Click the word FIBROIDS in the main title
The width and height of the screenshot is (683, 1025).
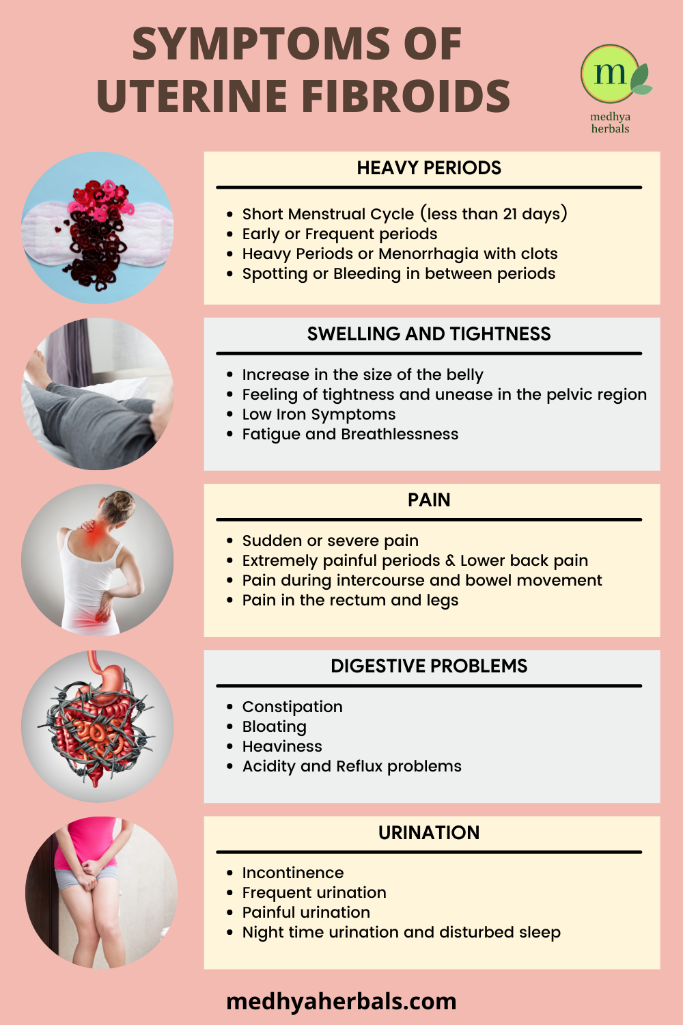[x=406, y=96]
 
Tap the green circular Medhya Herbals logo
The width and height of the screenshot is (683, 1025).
[x=610, y=73]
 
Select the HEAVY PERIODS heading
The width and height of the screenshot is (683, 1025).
[x=429, y=168]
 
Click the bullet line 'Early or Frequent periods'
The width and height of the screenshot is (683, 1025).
[x=339, y=234]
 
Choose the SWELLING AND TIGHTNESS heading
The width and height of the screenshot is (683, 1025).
[x=429, y=334]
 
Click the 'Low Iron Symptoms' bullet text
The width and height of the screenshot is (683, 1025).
[x=319, y=414]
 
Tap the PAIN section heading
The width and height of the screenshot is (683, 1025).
[x=429, y=500]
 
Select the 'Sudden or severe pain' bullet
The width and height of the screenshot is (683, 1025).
[x=331, y=541]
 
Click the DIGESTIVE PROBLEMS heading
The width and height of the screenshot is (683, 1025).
[x=429, y=666]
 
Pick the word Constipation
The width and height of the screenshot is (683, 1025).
[x=292, y=707]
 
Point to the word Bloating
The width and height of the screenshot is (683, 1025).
[x=275, y=726]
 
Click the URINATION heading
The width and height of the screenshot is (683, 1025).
[x=429, y=833]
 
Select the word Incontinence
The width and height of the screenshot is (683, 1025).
[x=293, y=873]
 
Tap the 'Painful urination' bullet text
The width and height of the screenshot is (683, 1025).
[x=306, y=912]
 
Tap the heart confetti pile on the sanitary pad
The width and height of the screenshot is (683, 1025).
[x=97, y=234]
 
